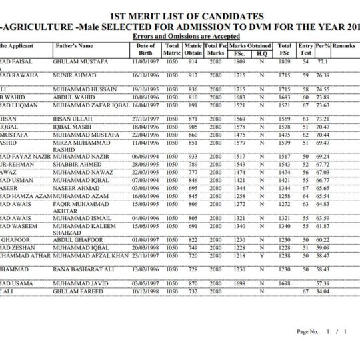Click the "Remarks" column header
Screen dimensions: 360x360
tap(345, 46)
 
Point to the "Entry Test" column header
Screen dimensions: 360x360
tap(306, 49)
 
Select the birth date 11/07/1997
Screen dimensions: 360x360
tap(145, 61)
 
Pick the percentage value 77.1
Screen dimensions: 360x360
tap(323, 61)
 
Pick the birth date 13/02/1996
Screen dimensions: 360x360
tap(145, 270)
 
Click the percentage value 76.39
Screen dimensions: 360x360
tap(323, 76)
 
